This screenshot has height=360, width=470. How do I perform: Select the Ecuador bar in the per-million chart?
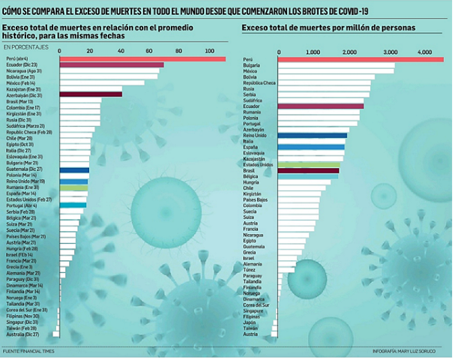[x=320, y=106]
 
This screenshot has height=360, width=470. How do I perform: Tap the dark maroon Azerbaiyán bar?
[x=90, y=94]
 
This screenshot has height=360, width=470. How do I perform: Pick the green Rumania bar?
[x=73, y=187]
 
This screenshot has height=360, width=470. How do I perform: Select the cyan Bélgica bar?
[x=307, y=176]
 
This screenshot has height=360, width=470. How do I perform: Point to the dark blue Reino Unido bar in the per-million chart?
[x=312, y=136]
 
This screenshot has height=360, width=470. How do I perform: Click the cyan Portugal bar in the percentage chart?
[x=73, y=205]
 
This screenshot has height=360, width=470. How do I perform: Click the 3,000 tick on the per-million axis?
[x=389, y=52]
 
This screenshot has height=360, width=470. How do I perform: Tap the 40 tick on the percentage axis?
[x=121, y=50]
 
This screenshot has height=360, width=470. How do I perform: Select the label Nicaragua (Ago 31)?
[x=24, y=70]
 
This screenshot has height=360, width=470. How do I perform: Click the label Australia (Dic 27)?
[x=22, y=333]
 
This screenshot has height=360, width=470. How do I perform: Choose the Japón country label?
[x=250, y=322]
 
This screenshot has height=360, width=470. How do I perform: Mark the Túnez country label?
[x=250, y=269]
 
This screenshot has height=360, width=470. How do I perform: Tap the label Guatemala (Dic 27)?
[x=24, y=169]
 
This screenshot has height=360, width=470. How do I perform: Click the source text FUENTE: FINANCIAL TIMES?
[x=31, y=351]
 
